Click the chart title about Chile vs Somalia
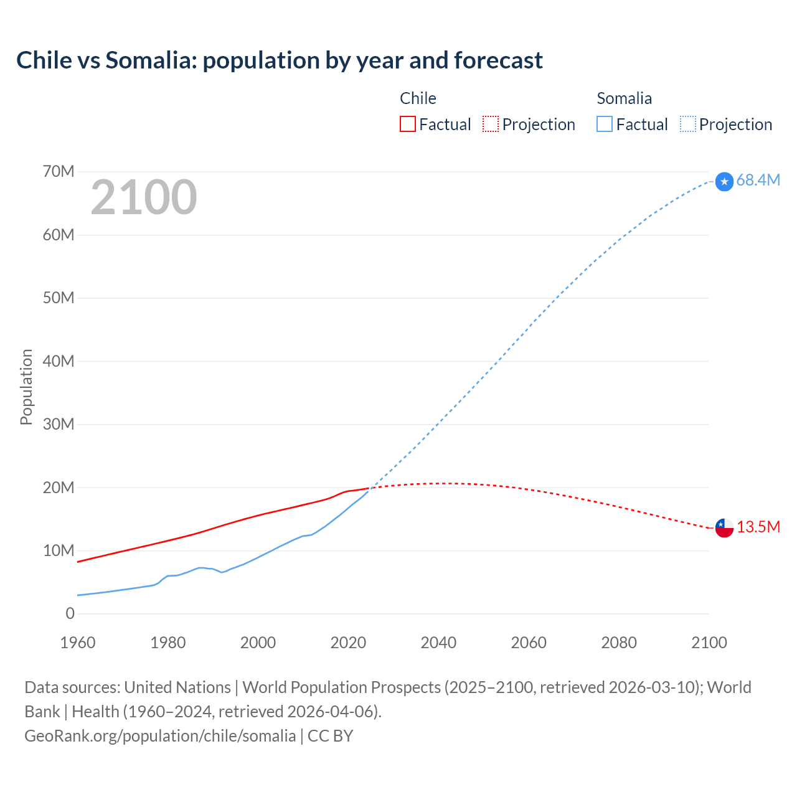pyautogui.click(x=279, y=60)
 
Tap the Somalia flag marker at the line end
pyautogui.click(x=724, y=182)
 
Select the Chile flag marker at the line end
pyautogui.click(x=724, y=528)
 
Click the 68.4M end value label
pyautogui.click(x=758, y=181)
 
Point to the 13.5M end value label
pyautogui.click(x=758, y=527)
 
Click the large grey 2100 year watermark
pyautogui.click(x=144, y=197)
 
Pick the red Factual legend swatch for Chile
pyautogui.click(x=407, y=124)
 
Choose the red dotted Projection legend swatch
pyautogui.click(x=491, y=124)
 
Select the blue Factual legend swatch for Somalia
pyautogui.click(x=604, y=124)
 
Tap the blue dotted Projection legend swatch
pyautogui.click(x=687, y=124)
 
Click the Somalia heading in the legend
pyautogui.click(x=624, y=98)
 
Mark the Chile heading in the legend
pyautogui.click(x=418, y=98)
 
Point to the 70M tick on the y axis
pyautogui.click(x=59, y=171)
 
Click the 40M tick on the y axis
pyautogui.click(x=59, y=361)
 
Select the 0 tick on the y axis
pyautogui.click(x=70, y=613)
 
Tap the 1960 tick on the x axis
pyautogui.click(x=78, y=643)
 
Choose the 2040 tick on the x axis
pyautogui.click(x=438, y=643)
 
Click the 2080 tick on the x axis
pyautogui.click(x=619, y=643)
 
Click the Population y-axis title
pyautogui.click(x=26, y=387)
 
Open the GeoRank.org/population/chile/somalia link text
pyautogui.click(x=160, y=736)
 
